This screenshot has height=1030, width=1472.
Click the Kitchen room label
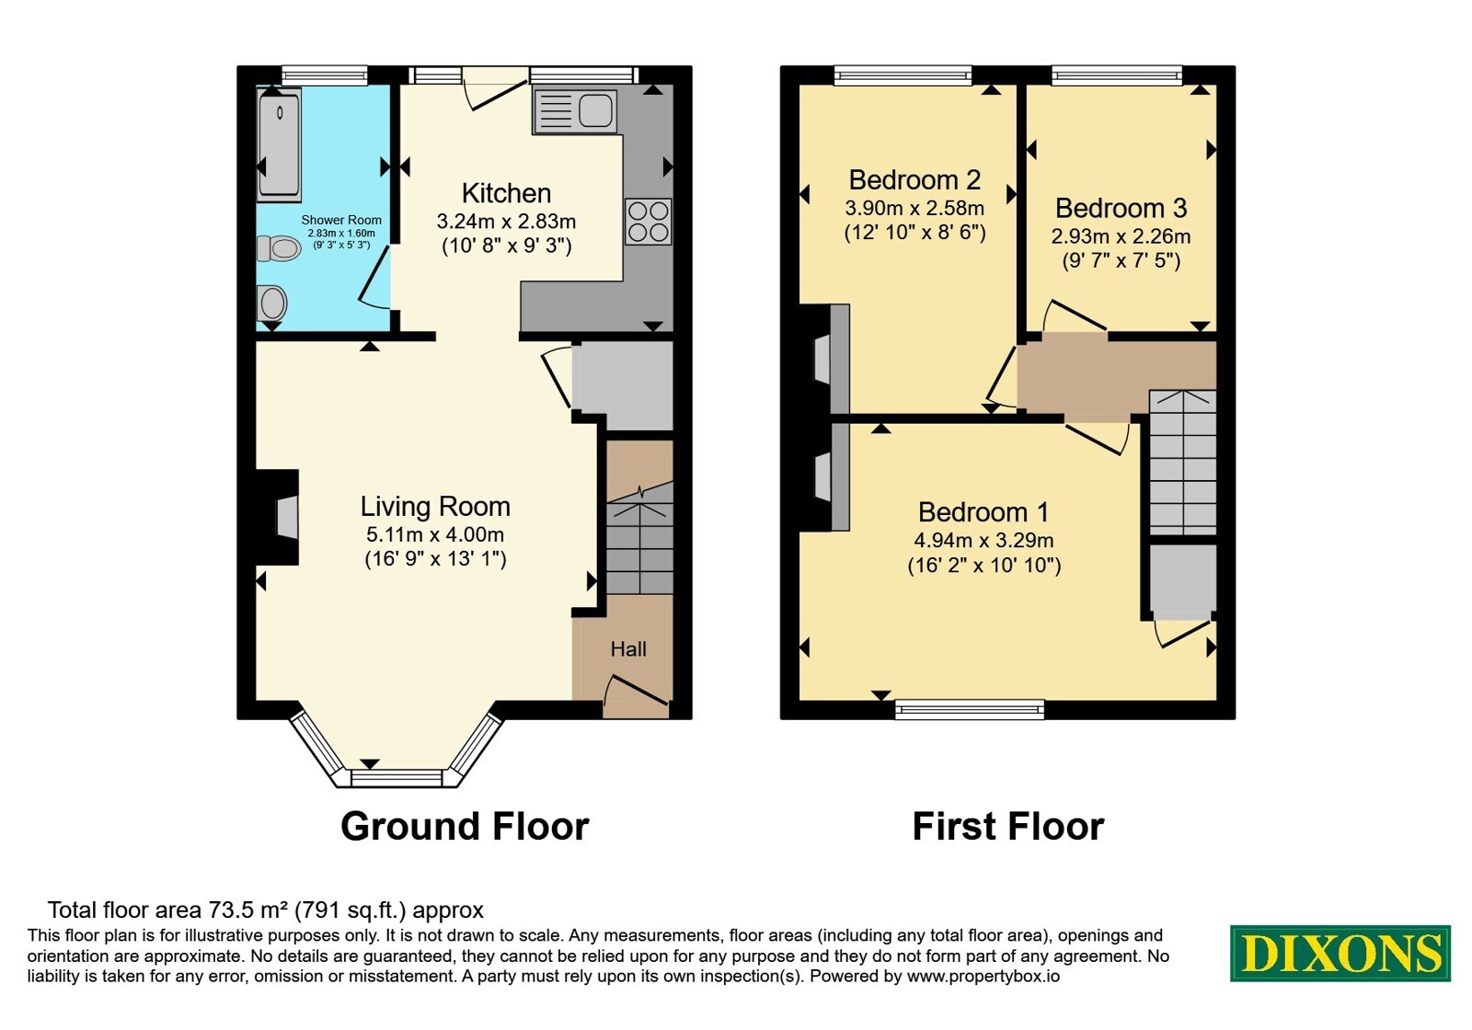[x=506, y=194]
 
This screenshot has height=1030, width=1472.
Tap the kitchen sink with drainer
[x=576, y=110]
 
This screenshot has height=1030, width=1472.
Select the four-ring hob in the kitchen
[x=648, y=222]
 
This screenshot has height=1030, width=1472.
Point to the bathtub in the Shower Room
[x=280, y=146]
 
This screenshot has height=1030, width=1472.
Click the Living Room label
[x=435, y=507]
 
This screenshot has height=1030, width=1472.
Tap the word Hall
[x=628, y=649]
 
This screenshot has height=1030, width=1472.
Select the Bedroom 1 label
[x=983, y=511]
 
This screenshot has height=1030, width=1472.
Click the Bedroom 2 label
[x=914, y=179]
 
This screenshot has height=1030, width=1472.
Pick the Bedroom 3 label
[x=1121, y=208]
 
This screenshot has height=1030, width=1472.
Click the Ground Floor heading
[x=465, y=826]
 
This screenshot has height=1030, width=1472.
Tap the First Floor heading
[x=1008, y=826]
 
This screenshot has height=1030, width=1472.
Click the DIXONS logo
[x=1340, y=953]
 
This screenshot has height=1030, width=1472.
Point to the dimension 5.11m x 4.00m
[x=435, y=534]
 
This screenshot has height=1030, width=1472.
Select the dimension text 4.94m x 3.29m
[x=983, y=540]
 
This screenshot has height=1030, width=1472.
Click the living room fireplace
[x=277, y=517]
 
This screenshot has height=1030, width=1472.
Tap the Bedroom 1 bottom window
[x=970, y=710]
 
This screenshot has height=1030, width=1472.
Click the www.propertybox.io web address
[x=983, y=976]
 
